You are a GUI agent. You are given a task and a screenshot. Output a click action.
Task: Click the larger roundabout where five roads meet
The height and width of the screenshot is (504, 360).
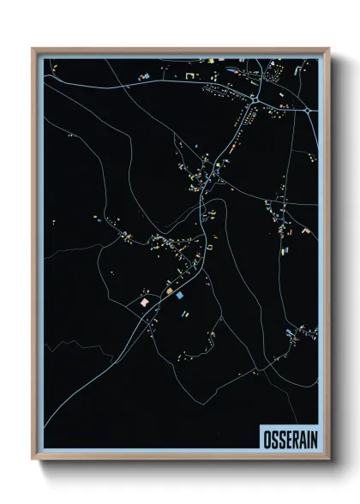point(255,101)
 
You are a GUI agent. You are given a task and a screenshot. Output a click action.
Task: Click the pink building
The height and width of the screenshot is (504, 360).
point(145,302)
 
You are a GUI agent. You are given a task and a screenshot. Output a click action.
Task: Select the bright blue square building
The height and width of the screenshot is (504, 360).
point(180,295)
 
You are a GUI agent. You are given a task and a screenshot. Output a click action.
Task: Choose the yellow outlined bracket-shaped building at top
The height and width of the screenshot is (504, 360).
point(189,76)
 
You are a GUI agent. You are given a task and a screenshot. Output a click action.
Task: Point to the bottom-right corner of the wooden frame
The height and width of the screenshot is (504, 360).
point(327,458)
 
